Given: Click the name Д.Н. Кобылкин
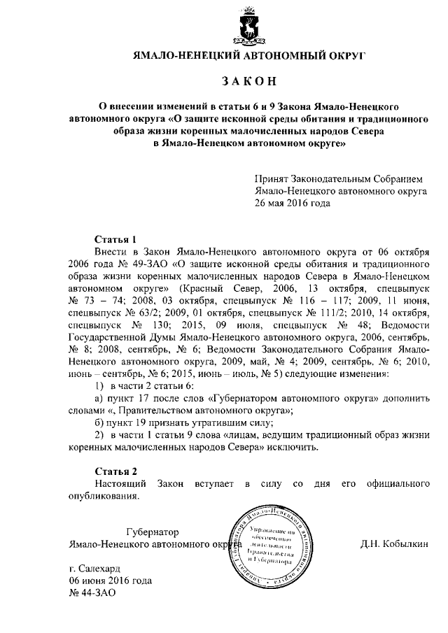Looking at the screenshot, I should [393, 543].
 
